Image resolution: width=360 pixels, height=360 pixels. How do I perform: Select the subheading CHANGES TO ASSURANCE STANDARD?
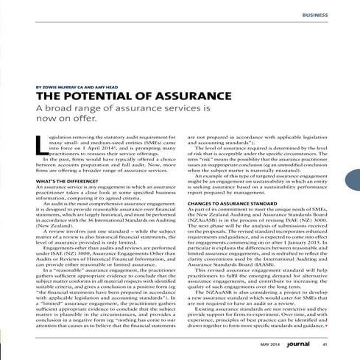click(234, 181)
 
